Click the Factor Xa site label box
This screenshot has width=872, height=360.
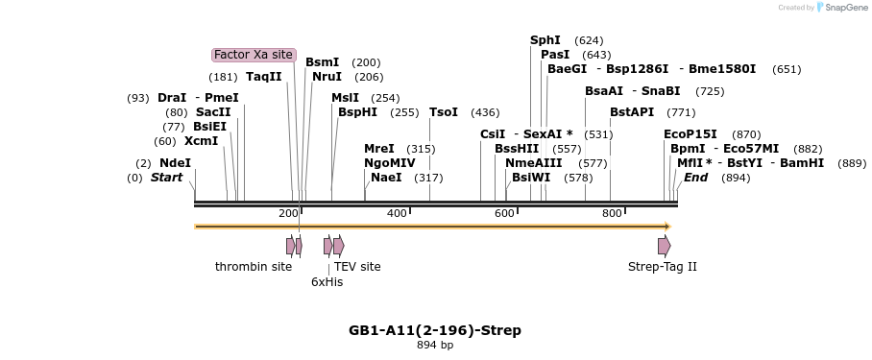click(254, 55)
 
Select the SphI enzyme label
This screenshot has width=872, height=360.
click(545, 40)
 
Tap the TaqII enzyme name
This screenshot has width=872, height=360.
click(263, 77)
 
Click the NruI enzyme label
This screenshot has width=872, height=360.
click(327, 77)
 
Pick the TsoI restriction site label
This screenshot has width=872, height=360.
click(444, 112)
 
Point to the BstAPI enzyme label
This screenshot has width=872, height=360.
click(632, 112)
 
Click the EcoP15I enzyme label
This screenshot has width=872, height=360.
click(690, 134)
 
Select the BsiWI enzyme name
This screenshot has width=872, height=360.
click(531, 178)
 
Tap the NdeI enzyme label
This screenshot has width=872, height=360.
click(175, 163)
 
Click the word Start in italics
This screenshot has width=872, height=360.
click(166, 178)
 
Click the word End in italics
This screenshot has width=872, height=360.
click(696, 178)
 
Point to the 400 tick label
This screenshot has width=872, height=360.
click(397, 213)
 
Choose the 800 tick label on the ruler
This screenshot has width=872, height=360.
click(612, 213)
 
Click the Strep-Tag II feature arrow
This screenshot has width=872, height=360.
click(664, 247)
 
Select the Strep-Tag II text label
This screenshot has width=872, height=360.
click(663, 267)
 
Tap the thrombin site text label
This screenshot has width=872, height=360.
click(254, 267)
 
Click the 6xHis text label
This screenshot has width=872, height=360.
click(327, 282)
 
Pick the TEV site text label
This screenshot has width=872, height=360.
click(357, 267)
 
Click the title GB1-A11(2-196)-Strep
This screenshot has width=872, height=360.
click(435, 330)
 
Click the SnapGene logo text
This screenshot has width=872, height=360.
click(847, 8)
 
